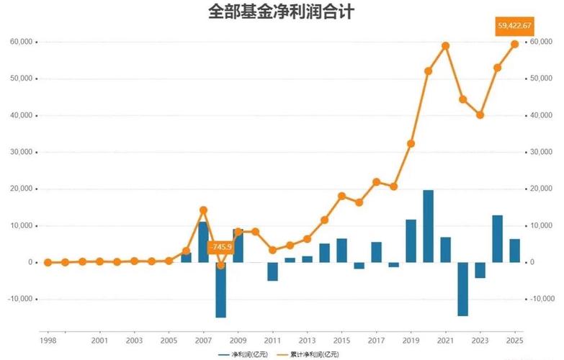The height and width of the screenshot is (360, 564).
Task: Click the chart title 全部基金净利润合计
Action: coord(281,12)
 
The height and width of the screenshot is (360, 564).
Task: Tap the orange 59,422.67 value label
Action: coord(514,26)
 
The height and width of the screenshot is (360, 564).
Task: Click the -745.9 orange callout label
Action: coord(220,247)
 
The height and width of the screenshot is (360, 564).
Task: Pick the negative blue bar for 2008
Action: coord(220,289)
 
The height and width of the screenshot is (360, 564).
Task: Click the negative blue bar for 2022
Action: coord(462,289)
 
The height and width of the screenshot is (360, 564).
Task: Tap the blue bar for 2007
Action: coord(203,242)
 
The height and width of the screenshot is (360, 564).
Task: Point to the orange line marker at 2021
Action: coord(445,45)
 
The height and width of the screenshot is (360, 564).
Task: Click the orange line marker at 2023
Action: coord(480,114)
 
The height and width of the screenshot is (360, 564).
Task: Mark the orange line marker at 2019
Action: coord(411,143)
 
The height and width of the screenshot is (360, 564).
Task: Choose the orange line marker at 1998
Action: coord(48,262)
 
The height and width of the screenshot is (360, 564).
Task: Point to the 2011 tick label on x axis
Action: coord(272,339)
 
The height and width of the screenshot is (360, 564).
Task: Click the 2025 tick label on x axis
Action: coord(514,339)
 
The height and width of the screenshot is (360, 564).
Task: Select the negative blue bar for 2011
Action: coord(272,271)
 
